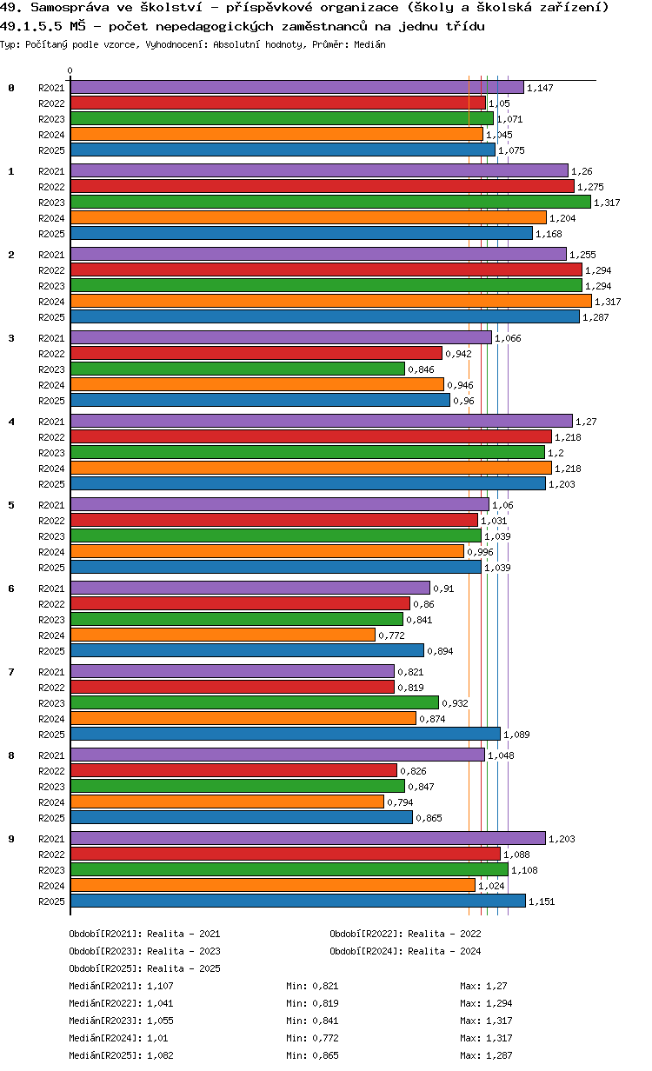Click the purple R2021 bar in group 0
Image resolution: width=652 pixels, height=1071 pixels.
coord(296,88)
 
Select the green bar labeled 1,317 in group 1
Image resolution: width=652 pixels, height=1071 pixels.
coord(330,203)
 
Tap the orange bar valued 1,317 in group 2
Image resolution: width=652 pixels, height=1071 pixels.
coord(330,302)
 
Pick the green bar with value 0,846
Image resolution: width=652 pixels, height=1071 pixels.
coord(237,369)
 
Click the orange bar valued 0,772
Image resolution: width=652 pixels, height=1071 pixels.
coord(223,635)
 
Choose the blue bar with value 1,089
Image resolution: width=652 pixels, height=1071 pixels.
coord(285,735)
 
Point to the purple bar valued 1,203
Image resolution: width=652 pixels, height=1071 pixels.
coord(308,839)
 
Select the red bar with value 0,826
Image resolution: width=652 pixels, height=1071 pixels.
coord(233,771)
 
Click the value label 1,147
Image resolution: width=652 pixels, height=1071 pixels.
coord(540,88)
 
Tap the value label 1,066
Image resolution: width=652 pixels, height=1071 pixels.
coord(508,338)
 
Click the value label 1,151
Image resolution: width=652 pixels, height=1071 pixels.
coord(542,901)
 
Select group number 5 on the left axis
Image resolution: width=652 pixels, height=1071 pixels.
coord(11,505)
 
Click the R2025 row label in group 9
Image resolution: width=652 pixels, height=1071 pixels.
coord(51,901)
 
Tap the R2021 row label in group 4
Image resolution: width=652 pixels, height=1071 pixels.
coord(51,422)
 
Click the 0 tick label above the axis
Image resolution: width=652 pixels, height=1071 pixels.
coord(70,71)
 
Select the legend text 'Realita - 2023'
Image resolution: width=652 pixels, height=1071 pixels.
coord(183,951)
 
